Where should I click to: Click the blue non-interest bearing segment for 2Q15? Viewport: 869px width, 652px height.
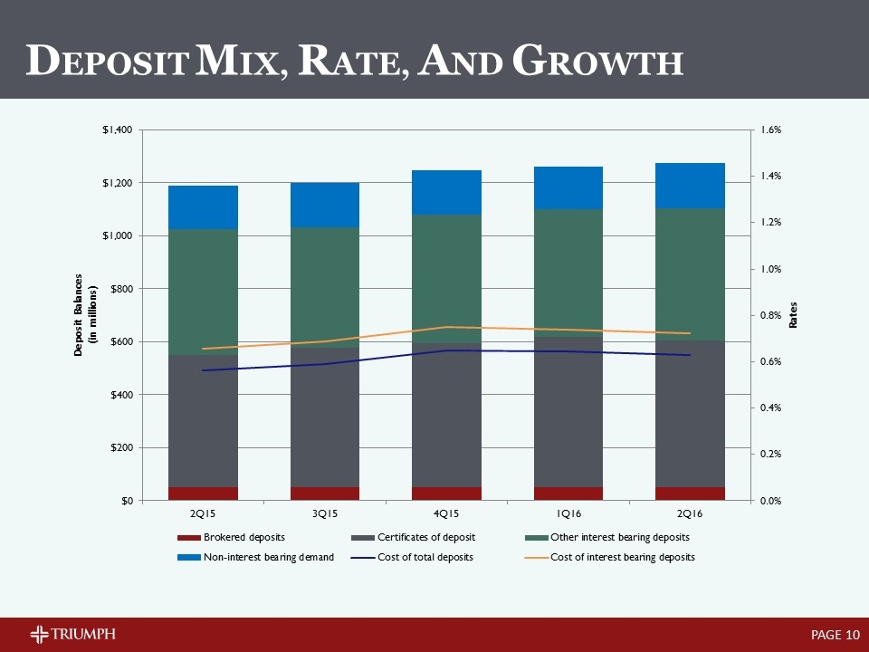pos(204,207)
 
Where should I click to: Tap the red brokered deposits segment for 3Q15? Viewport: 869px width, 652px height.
pos(325,494)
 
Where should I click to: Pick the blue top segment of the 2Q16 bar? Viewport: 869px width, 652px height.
pos(690,186)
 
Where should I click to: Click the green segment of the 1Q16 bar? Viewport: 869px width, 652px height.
pos(568,272)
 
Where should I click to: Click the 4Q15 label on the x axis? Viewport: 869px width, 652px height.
pos(446,513)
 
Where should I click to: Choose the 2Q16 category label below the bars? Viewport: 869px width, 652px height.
pos(690,513)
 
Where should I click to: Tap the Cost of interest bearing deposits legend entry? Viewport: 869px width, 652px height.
pos(625,557)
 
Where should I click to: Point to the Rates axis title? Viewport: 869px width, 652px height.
pos(794,316)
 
